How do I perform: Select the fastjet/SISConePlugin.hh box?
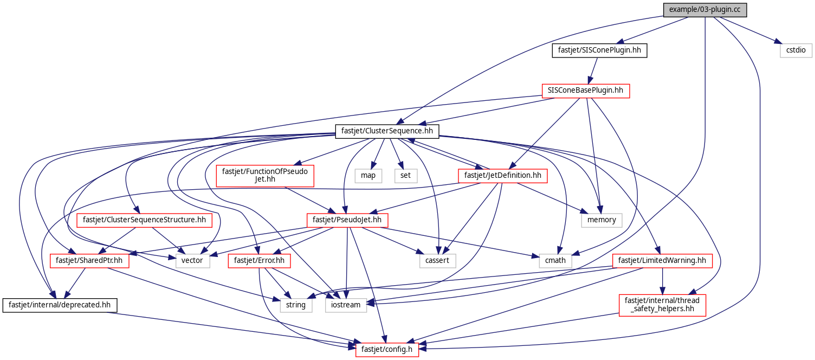click(600, 50)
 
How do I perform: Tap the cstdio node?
click(796, 50)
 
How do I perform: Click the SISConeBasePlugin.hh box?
click(586, 91)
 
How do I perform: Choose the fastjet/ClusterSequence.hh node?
click(387, 131)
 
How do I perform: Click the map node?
click(368, 175)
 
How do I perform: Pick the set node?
click(406, 175)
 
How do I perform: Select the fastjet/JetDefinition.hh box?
click(502, 175)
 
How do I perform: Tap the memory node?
click(601, 220)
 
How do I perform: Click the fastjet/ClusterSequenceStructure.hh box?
click(144, 220)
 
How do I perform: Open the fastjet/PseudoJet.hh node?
click(347, 220)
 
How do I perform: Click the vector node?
click(192, 260)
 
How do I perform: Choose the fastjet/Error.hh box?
click(259, 260)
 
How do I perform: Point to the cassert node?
click(437, 260)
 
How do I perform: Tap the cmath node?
click(555, 260)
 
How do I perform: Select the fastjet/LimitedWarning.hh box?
click(662, 260)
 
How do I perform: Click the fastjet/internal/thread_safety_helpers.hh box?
click(662, 305)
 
